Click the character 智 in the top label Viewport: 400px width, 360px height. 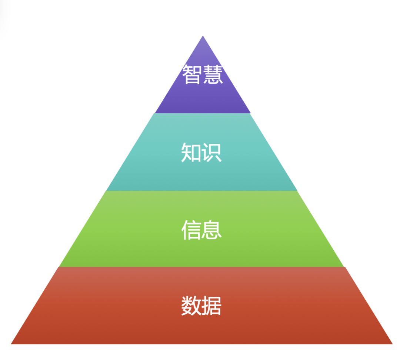[192, 74]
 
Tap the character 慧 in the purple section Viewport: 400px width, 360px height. [213, 74]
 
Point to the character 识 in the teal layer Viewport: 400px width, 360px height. [212, 153]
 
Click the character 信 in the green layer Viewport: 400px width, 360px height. [191, 230]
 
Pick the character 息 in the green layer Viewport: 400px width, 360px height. [212, 230]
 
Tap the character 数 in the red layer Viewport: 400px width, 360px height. [191, 306]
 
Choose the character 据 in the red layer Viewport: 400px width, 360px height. [212, 306]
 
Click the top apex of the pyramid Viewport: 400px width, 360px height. [203, 36]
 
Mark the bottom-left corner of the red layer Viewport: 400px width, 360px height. [11, 344]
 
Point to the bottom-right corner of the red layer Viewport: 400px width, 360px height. [392, 344]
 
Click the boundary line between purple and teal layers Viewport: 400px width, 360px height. [203, 113]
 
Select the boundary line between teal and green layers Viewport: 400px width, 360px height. [202, 190]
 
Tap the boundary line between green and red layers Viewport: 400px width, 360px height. [202, 267]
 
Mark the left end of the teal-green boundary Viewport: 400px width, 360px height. [107, 190]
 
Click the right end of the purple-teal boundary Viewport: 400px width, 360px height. [250, 113]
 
